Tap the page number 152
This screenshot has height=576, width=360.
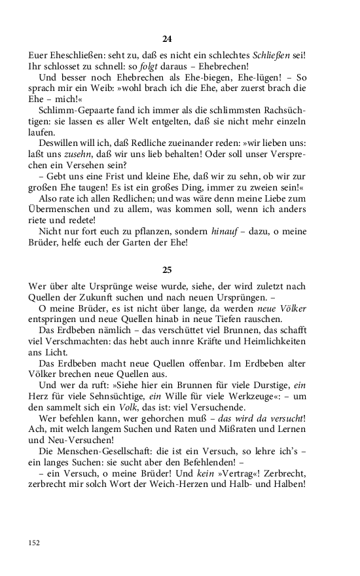34,543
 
